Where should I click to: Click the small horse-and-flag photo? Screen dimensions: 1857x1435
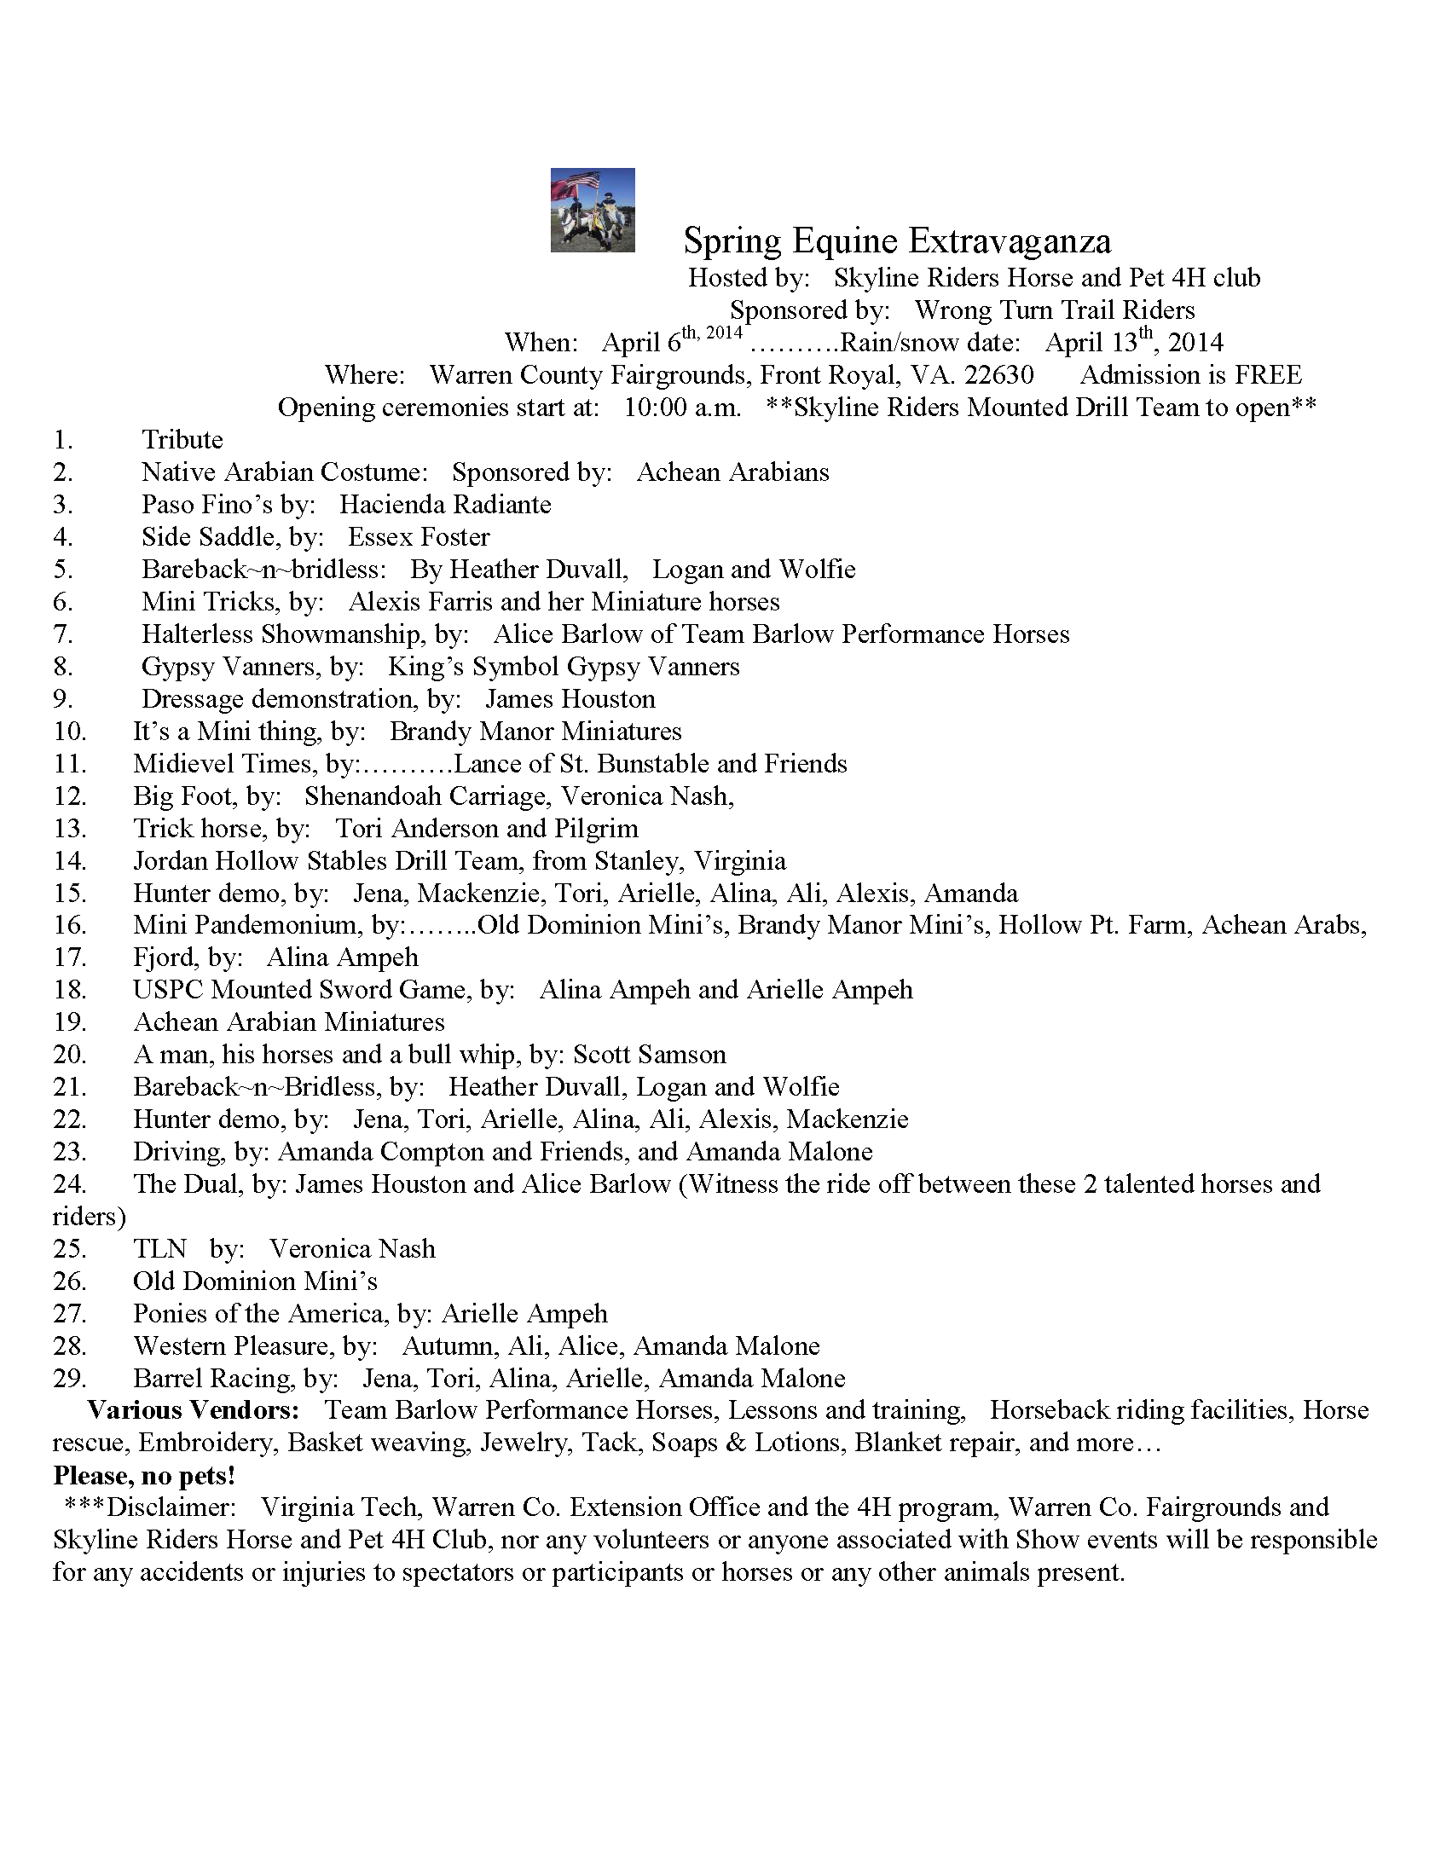click(593, 210)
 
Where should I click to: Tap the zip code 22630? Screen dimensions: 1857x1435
click(998, 375)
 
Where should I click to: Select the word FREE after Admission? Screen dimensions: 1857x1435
click(1268, 375)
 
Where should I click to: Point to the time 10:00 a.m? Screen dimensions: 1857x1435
click(682, 408)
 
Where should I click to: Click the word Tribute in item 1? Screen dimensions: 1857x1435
click(182, 440)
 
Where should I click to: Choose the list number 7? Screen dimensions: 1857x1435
click(63, 634)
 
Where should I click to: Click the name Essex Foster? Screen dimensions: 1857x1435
click(419, 537)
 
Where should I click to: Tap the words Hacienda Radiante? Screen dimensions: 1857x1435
click(445, 505)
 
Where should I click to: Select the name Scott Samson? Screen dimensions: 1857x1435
click(649, 1055)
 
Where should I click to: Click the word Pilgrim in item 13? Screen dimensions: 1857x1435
click(596, 829)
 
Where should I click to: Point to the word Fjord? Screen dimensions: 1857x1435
click(163, 957)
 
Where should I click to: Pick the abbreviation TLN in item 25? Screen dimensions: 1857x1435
click(159, 1249)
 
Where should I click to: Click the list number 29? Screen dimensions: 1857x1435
click(69, 1379)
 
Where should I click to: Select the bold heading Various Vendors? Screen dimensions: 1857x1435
click(194, 1410)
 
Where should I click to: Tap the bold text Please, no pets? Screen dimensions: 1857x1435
click(144, 1476)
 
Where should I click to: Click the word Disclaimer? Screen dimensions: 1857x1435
click(171, 1507)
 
